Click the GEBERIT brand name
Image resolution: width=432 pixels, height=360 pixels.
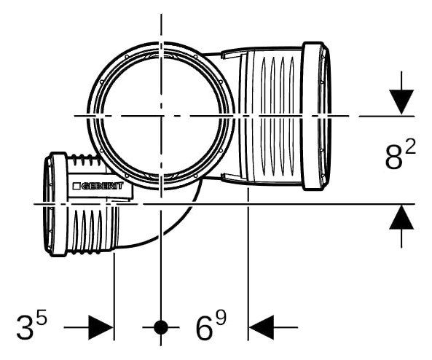(102, 186)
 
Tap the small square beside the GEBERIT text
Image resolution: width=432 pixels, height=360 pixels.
(76, 186)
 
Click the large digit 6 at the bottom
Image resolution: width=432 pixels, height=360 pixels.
(205, 328)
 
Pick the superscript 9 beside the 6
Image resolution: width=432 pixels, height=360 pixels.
(221, 318)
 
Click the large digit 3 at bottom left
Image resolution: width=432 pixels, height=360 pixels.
(25, 328)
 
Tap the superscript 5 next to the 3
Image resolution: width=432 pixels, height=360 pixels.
(41, 319)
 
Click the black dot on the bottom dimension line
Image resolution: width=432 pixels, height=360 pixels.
(161, 327)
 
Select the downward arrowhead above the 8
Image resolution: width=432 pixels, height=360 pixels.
(401, 102)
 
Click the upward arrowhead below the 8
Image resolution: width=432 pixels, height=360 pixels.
(401, 217)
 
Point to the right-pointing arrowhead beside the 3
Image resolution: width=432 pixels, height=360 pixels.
(101, 327)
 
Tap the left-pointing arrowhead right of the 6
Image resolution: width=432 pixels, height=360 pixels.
(262, 327)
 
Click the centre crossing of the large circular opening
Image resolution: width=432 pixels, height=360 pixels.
(161, 116)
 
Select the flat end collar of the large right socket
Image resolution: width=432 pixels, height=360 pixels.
(313, 116)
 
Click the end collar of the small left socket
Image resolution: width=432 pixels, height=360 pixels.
(59, 204)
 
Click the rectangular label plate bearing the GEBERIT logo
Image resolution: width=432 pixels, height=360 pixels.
(101, 187)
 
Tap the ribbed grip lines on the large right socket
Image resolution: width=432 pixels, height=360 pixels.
(277, 116)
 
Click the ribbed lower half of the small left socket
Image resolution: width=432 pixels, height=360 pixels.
(93, 228)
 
